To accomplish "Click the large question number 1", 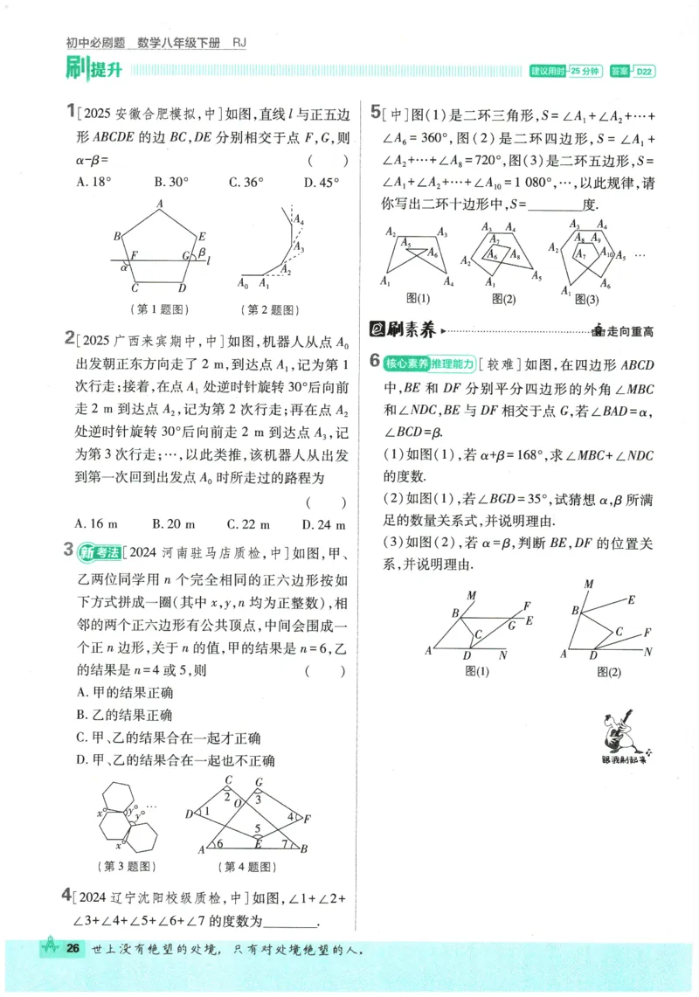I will click(x=70, y=112).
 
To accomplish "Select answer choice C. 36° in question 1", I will click(x=246, y=183).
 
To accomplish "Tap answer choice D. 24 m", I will click(x=324, y=524).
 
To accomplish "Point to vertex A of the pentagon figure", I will click(x=160, y=204).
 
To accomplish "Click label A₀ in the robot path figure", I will click(x=244, y=284).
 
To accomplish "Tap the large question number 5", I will click(x=375, y=112).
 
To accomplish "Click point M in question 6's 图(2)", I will click(x=589, y=584).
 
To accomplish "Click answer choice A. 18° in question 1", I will click(x=95, y=183).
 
